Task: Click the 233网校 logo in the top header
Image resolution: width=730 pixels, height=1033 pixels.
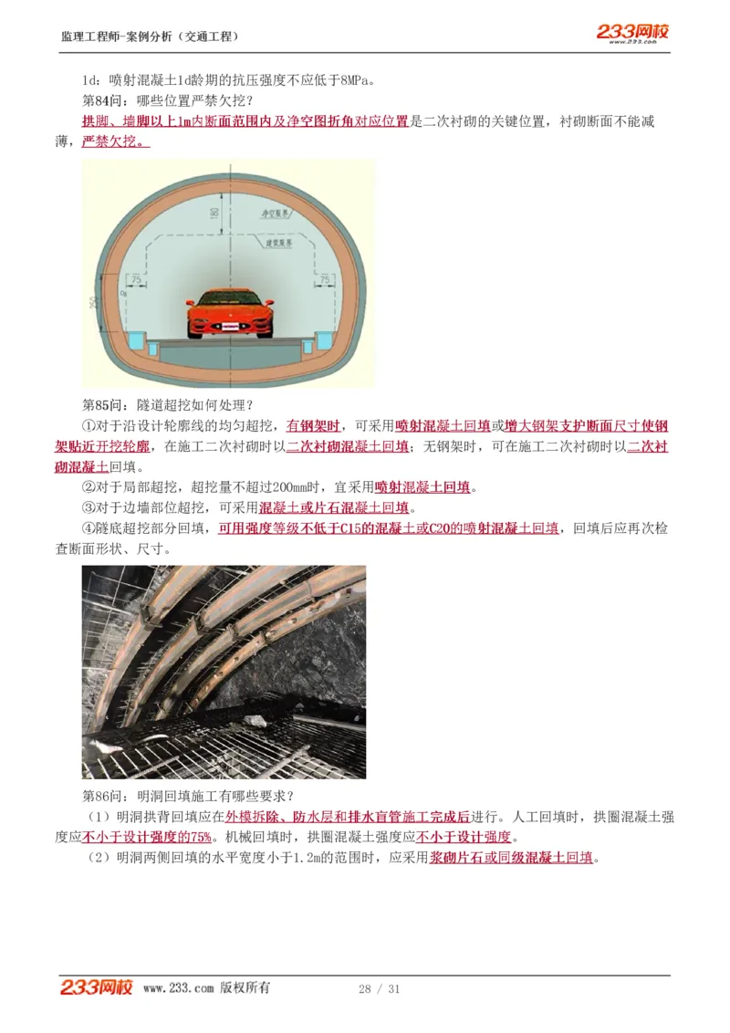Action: tap(632, 33)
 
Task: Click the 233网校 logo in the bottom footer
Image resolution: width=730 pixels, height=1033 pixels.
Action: tap(97, 987)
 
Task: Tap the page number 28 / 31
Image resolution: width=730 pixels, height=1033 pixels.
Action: tap(380, 989)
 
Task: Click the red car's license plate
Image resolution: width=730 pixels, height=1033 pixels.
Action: tap(229, 327)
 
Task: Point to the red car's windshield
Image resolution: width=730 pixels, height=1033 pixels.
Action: tap(229, 298)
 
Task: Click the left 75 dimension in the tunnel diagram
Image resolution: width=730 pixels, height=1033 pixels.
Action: tap(136, 278)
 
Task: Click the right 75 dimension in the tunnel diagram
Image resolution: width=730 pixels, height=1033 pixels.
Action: tap(326, 278)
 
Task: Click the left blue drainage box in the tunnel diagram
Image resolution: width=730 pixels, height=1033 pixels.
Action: tap(135, 340)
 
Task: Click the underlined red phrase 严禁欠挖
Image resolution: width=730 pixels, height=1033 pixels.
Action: tap(116, 141)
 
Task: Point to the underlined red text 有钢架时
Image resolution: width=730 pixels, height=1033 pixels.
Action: tap(313, 425)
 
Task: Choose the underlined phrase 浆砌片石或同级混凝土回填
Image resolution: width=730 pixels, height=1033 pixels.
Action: tap(511, 858)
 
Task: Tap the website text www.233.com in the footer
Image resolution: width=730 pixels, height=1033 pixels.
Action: tap(179, 988)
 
